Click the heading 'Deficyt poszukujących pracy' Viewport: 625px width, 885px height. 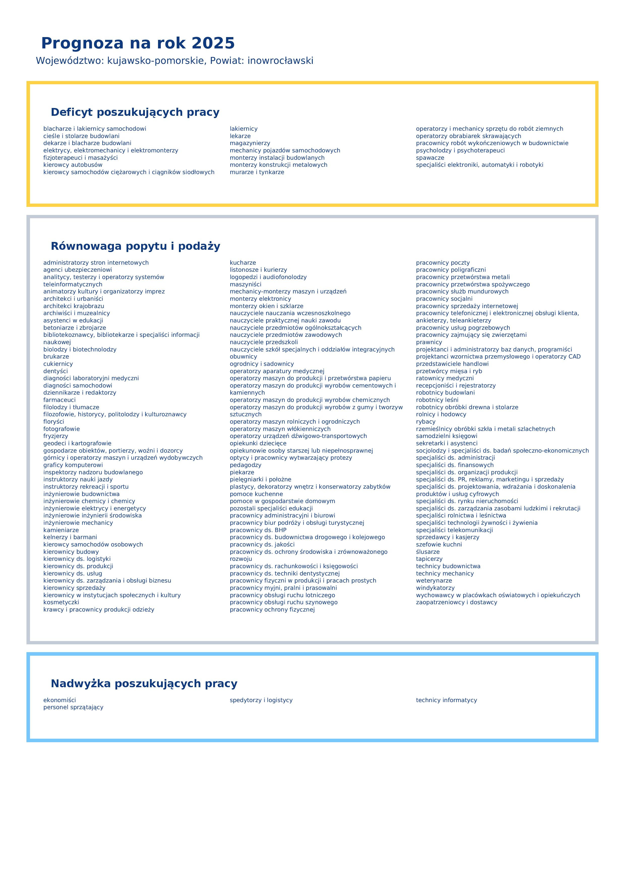135,112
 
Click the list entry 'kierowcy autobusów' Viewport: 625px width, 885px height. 73,165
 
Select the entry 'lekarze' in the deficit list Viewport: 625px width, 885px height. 240,136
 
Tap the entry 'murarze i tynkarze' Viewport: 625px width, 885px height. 257,172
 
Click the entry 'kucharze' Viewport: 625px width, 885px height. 243,263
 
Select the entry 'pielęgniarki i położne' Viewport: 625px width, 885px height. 260,480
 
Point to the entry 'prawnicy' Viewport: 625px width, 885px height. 429,342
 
